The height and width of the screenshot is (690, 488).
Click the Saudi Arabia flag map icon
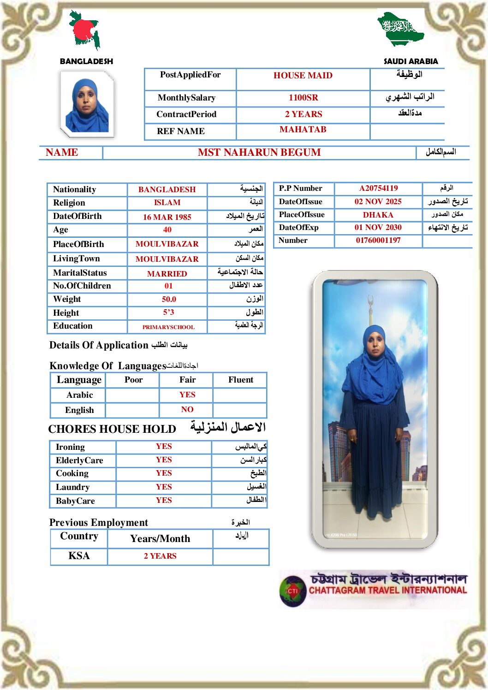tap(400, 29)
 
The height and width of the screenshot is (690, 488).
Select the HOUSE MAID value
tap(303, 76)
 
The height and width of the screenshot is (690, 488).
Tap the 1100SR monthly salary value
tap(303, 98)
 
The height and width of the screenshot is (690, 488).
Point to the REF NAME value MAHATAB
tap(303, 130)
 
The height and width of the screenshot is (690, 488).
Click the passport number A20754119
tap(378, 188)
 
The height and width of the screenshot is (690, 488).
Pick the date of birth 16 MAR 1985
tap(167, 217)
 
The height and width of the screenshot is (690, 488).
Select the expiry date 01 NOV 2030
tap(378, 227)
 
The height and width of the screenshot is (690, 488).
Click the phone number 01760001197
tap(378, 240)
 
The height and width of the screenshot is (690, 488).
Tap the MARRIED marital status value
tap(167, 274)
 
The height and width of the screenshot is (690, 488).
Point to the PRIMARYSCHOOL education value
tap(168, 327)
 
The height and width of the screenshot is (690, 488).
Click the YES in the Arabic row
tap(187, 395)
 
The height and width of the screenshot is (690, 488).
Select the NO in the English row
tap(187, 409)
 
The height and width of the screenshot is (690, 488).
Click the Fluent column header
tap(240, 380)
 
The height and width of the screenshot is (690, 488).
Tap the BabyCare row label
tap(75, 501)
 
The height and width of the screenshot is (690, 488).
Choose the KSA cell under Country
tap(79, 556)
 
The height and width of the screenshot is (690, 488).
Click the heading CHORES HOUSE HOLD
tap(112, 429)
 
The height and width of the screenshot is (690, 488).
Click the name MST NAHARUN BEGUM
tap(259, 153)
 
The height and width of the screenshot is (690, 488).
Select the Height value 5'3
tap(168, 313)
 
